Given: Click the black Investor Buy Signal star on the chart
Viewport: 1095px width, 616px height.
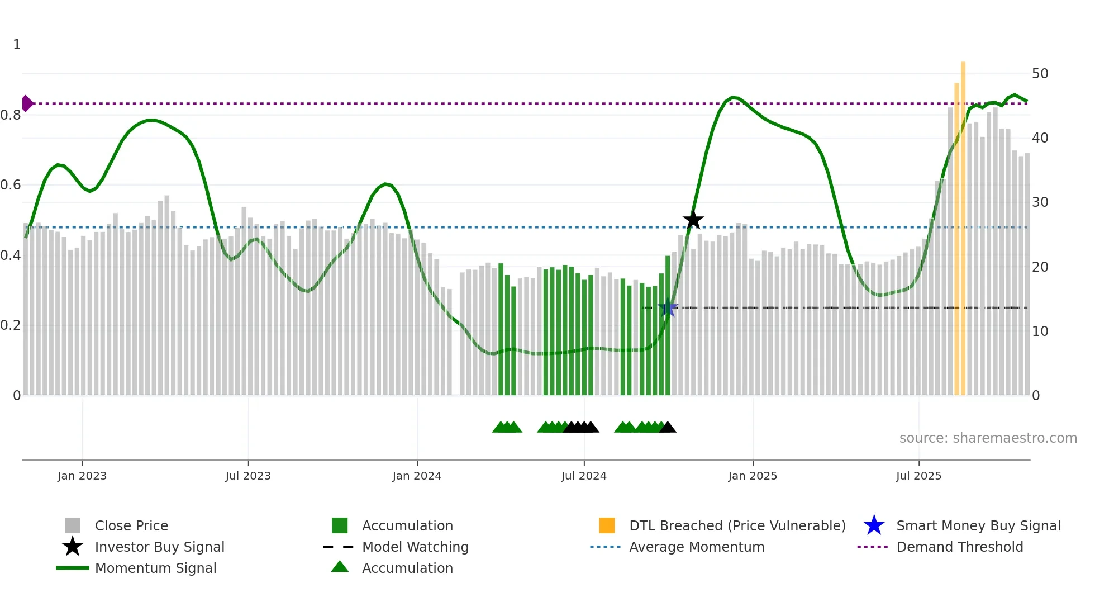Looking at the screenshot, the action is pos(693,220).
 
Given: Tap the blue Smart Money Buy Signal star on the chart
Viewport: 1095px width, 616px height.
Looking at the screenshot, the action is pos(668,307).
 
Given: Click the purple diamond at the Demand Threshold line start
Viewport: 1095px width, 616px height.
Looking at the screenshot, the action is pos(27,103).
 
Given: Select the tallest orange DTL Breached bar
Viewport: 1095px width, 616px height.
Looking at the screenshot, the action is pos(963,224).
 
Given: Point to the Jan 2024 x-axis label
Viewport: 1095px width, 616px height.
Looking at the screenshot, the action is pos(417,476).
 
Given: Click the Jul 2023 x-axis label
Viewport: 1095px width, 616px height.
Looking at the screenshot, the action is pos(248,476).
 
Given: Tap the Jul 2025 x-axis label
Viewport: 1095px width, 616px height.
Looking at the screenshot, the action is pos(918,476).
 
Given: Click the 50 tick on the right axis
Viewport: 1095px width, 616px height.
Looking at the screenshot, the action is pos(1040,74).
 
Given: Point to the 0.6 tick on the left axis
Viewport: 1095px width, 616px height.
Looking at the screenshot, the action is pos(11,185).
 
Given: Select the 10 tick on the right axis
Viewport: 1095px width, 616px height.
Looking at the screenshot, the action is pos(1040,331).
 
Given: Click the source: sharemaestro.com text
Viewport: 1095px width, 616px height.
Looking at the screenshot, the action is pos(988,438).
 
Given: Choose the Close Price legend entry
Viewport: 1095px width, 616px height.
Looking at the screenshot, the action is pos(131,525).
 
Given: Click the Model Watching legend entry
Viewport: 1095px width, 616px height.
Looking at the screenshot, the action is pos(415,547).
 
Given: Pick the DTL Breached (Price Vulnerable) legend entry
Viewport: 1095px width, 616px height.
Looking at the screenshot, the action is pos(737,525).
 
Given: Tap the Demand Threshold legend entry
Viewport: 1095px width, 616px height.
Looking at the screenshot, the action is pos(959,547).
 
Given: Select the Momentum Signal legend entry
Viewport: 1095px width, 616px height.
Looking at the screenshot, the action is pos(155,568).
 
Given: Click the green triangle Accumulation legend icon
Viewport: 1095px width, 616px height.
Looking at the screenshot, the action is pos(340,567).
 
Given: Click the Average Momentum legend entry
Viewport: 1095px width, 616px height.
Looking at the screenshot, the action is pos(696,547).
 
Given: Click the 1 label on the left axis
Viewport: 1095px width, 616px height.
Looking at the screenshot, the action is pos(17,45).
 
